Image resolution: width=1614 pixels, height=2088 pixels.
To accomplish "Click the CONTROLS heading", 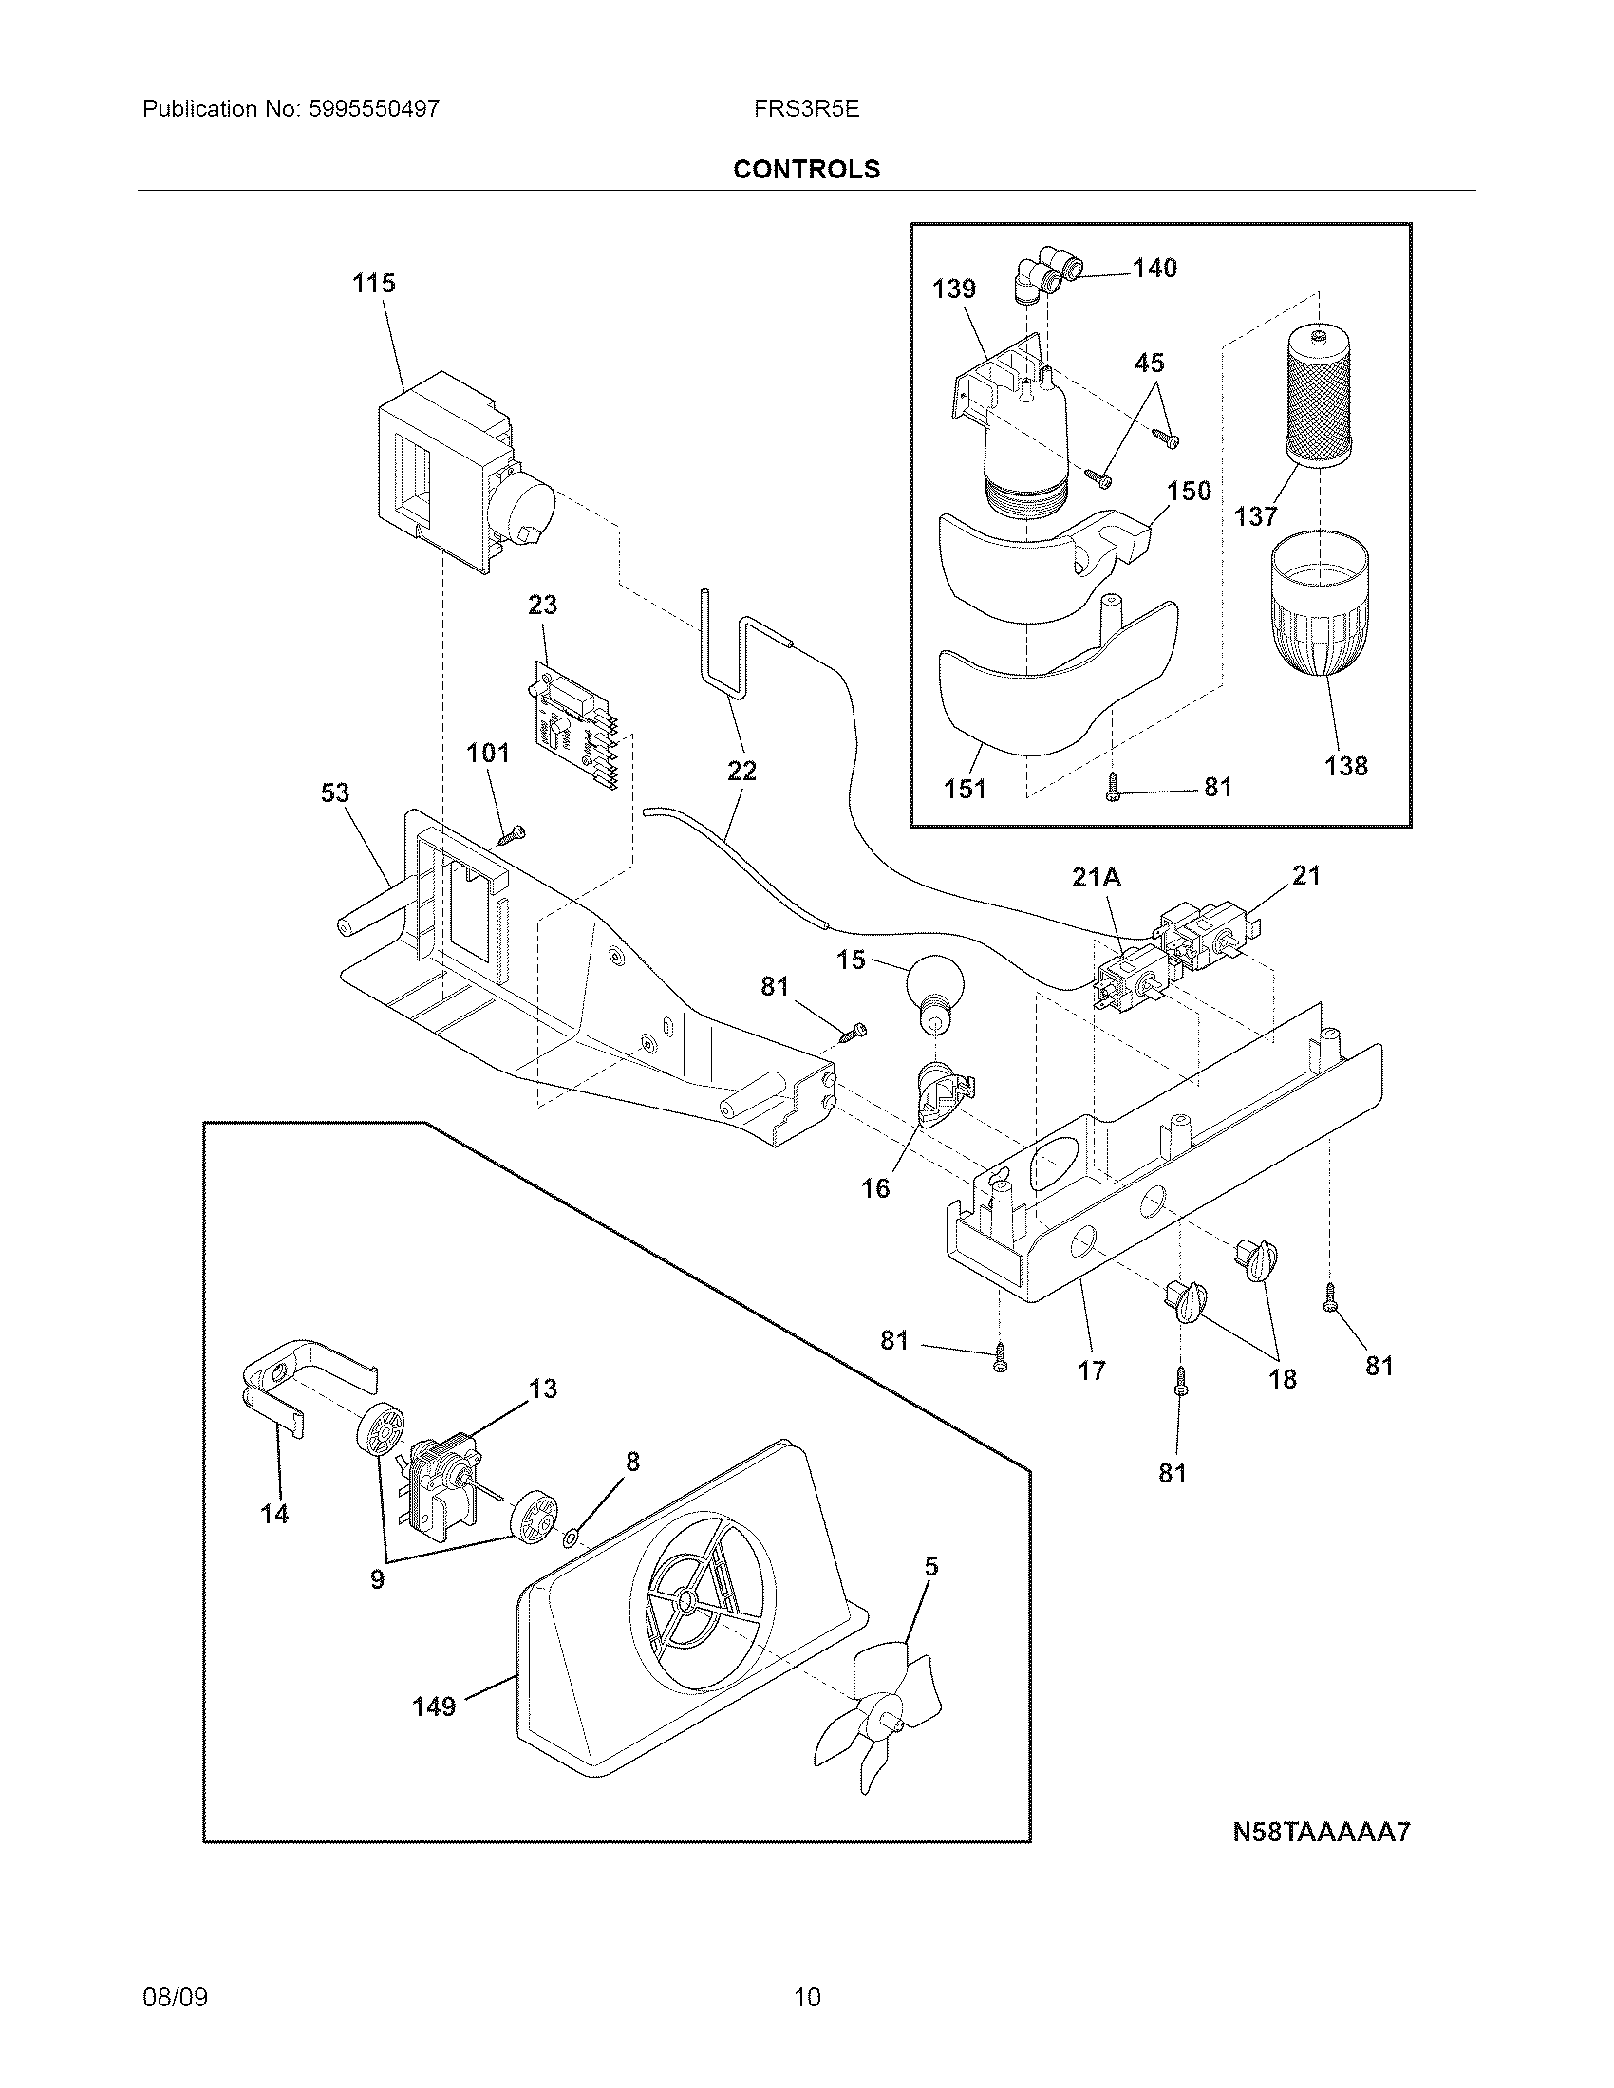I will click(806, 169).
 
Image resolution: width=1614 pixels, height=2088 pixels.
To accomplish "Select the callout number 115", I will click(373, 283).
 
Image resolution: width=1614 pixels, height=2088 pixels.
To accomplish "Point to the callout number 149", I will click(434, 1706).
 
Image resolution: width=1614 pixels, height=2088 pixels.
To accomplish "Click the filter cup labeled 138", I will click(1319, 606).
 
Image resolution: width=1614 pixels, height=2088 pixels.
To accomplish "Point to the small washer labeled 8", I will click(571, 1538).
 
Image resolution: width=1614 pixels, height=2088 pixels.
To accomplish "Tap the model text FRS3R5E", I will click(806, 109).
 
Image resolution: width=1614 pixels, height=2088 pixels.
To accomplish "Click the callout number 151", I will click(965, 789).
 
